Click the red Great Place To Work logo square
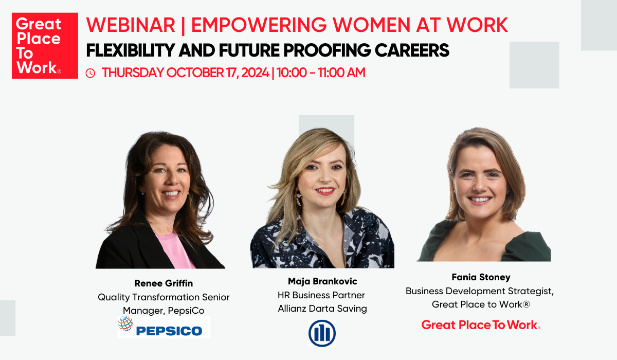tap(45, 46)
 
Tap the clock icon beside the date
tap(90, 74)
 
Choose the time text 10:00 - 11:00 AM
tap(322, 73)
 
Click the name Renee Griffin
tap(164, 283)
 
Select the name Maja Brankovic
tap(322, 281)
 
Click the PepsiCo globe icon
tap(125, 323)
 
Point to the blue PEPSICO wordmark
tap(169, 330)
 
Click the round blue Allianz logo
tap(322, 333)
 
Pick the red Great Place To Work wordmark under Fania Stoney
tap(480, 325)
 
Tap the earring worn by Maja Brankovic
tap(298, 199)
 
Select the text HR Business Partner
tap(321, 295)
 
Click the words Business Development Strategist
tap(479, 291)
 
